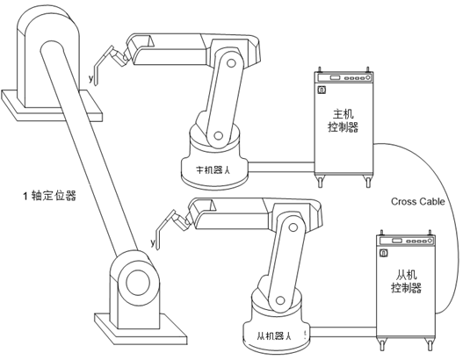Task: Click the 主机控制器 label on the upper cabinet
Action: pos(343,120)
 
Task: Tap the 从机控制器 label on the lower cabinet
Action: pos(406,282)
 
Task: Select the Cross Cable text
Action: pos(418,201)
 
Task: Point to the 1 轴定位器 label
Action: pos(50,196)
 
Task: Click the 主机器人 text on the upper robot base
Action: pos(213,170)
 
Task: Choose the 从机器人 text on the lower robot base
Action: pos(274,335)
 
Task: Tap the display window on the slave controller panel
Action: pos(397,241)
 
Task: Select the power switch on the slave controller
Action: pos(383,253)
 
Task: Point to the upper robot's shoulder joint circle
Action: pos(219,135)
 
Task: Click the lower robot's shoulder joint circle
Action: pos(280,300)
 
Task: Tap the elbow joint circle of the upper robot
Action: pos(231,63)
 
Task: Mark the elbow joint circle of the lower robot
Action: pos(293,227)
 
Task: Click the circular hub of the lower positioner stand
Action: pos(138,283)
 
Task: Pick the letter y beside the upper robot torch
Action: pos(91,78)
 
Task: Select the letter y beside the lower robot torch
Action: pos(153,242)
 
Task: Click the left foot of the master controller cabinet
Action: pos(321,182)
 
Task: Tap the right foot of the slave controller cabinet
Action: pos(430,345)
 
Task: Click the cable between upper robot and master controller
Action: pos(281,167)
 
